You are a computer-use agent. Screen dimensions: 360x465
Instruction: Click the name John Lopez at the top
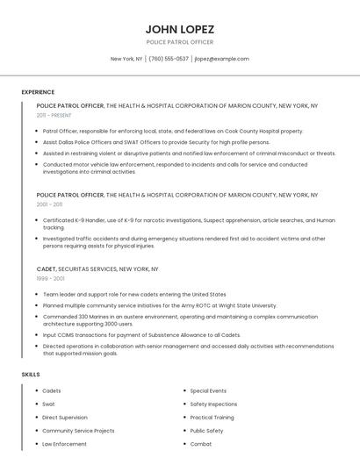[x=179, y=29]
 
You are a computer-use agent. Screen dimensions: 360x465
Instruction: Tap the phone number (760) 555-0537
[x=169, y=59]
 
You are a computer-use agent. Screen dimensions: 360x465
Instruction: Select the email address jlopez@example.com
[x=222, y=59]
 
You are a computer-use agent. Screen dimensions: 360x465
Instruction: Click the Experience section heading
[x=38, y=92]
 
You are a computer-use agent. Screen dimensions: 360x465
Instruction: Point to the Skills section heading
[x=31, y=375]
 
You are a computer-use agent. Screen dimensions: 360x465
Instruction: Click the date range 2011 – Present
[x=54, y=115]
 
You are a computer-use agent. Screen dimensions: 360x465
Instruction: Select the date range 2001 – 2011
[x=49, y=204]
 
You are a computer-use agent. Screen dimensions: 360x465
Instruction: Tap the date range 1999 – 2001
[x=49, y=278]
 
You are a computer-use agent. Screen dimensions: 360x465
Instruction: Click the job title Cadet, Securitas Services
[x=97, y=269]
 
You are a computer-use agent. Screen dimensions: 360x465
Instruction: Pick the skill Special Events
[x=208, y=390]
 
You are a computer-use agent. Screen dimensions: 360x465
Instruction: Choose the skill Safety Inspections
[x=213, y=404]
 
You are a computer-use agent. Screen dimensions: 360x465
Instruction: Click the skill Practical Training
[x=212, y=418]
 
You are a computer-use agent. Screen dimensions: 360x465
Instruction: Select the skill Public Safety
[x=206, y=431]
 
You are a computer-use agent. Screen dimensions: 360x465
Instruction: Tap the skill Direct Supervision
[x=65, y=418]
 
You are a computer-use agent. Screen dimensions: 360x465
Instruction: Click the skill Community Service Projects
[x=78, y=431]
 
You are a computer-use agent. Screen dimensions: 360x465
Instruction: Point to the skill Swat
[x=48, y=404]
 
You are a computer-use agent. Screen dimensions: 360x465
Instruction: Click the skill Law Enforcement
[x=64, y=444]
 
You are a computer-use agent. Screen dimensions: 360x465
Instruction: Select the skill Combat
[x=201, y=444]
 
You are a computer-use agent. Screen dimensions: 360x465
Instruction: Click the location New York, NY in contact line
[x=126, y=59]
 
